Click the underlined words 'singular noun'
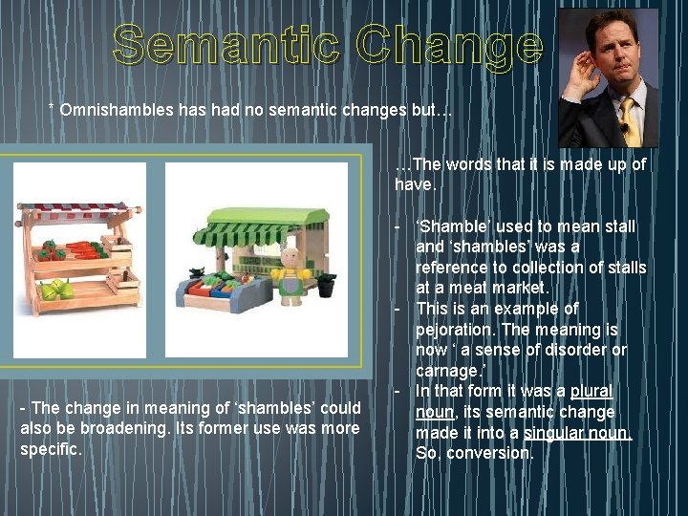pos(578,432)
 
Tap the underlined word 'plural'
pos(591,391)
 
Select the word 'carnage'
pos(446,371)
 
